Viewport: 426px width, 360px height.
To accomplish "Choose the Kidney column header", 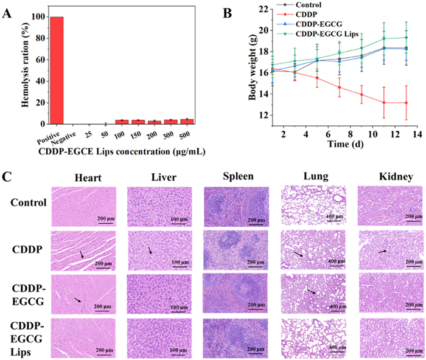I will pos(386,178).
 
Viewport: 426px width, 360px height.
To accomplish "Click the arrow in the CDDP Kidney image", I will pos(382,250).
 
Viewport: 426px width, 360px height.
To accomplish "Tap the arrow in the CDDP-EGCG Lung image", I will pos(312,292).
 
